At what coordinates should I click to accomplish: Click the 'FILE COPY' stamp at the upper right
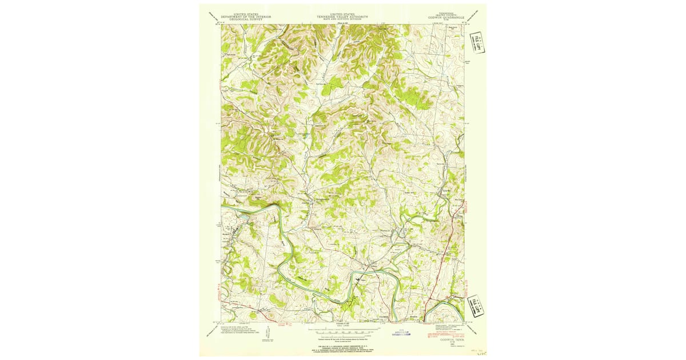pos(475,41)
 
